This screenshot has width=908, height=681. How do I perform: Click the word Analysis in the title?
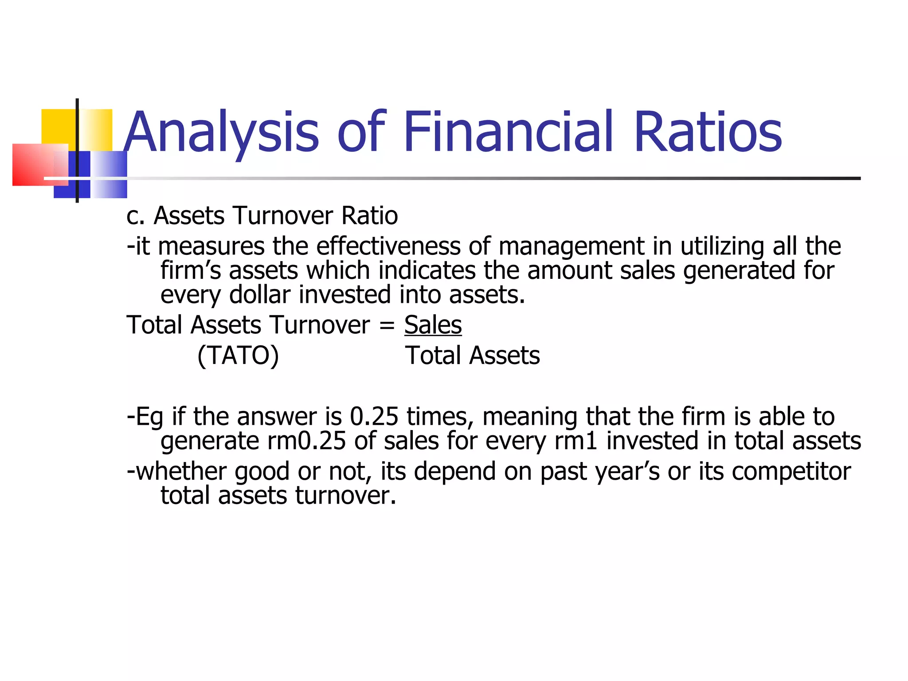coord(221,132)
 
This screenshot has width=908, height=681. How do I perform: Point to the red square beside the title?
coord(33,164)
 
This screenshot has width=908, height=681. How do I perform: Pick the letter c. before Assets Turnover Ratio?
coord(135,216)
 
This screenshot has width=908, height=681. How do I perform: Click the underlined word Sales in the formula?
coord(433,325)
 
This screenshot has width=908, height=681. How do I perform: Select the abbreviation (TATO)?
coord(238,356)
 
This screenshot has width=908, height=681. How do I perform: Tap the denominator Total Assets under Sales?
coord(472,356)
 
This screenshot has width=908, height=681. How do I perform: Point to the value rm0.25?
coord(306,441)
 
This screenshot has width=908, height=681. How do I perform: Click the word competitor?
coord(791,471)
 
